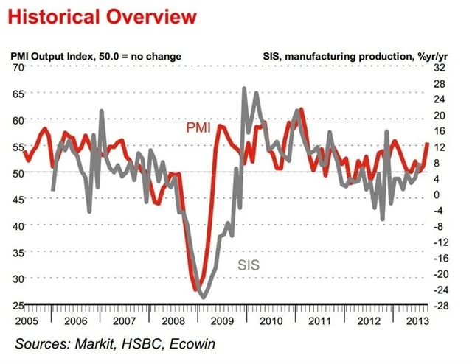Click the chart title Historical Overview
pos(103,15)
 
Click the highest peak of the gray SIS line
pos(244,88)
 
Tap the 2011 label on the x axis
pos(319,321)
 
